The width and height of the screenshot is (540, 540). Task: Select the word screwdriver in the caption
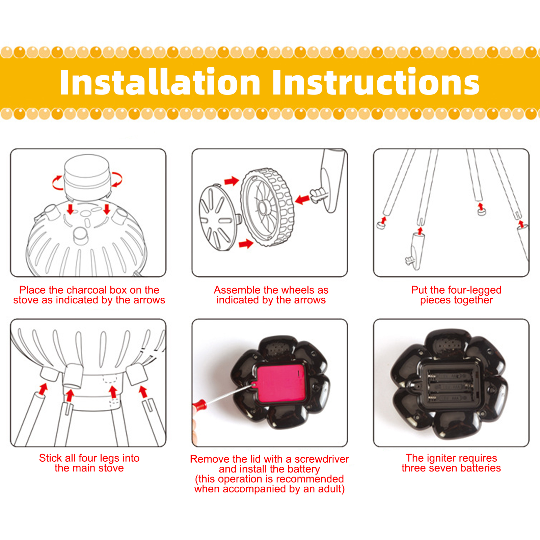point(322,459)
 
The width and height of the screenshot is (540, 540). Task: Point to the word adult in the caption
point(330,489)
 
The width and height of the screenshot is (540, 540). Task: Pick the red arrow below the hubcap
point(246,243)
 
